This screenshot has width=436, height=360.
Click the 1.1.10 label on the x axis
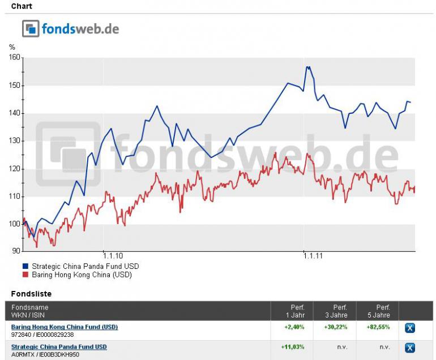[x=104, y=256]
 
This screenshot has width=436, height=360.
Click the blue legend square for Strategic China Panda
[x=25, y=266]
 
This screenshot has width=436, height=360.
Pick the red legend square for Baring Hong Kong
[x=25, y=275]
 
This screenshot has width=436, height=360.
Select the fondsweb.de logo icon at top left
[x=31, y=28]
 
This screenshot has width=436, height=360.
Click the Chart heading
[x=22, y=6]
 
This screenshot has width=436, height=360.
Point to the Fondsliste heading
[x=32, y=294]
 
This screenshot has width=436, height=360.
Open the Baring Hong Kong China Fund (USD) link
[x=65, y=327]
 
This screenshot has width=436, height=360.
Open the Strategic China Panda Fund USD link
[x=59, y=346]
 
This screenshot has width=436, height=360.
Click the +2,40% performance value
[x=294, y=327]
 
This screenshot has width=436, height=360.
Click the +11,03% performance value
[x=293, y=346]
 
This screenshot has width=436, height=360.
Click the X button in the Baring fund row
[x=410, y=328]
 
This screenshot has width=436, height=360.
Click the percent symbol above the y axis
[x=12, y=47]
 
